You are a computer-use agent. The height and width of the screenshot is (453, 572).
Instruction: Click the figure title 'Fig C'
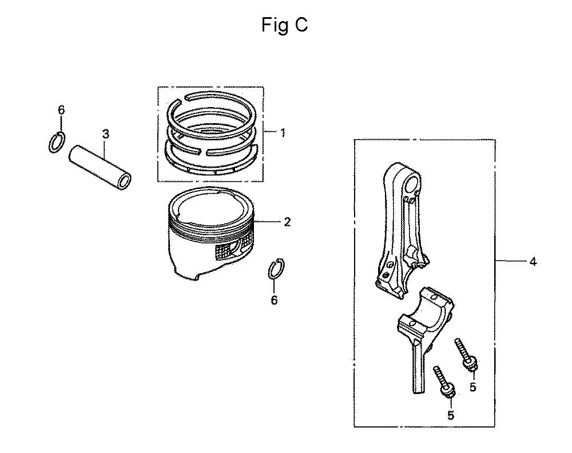[x=284, y=26]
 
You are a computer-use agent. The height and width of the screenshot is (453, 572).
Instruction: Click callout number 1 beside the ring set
[x=283, y=133]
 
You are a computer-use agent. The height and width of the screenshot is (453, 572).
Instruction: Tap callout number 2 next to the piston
[x=287, y=222]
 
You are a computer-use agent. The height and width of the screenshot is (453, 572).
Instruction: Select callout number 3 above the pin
[x=105, y=135]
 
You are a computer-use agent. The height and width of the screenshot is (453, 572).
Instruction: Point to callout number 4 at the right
[x=533, y=262]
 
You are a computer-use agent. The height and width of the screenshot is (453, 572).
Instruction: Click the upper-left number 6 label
[x=61, y=109]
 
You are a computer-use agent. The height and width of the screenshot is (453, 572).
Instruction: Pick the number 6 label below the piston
[x=275, y=300]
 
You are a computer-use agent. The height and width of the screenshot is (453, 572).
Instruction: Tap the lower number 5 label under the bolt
[x=451, y=415]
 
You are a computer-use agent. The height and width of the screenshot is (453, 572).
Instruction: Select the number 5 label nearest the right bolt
[x=473, y=387]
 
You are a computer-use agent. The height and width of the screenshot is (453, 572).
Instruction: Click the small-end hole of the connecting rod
[x=412, y=182]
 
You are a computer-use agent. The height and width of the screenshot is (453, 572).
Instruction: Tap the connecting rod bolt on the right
[x=464, y=353]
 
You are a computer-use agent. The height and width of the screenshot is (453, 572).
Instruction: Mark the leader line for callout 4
[x=511, y=261]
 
